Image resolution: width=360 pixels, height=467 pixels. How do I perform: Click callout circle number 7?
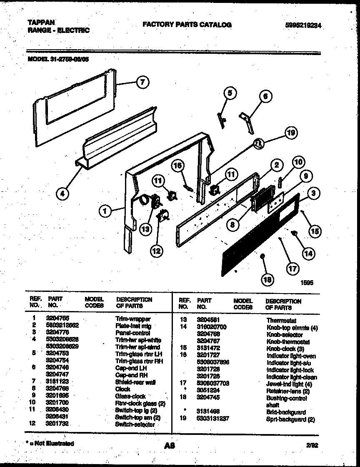[142, 82]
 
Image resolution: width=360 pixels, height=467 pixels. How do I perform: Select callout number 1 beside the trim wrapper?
[105, 212]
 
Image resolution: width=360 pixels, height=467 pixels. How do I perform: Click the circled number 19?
[292, 133]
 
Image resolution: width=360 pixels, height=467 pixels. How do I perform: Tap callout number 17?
[292, 269]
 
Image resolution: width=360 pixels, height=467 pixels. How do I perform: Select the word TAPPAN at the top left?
[41, 23]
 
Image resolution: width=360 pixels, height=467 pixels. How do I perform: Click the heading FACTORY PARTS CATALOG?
[187, 25]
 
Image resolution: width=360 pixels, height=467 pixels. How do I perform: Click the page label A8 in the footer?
[169, 446]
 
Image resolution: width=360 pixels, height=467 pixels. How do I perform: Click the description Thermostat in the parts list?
[281, 321]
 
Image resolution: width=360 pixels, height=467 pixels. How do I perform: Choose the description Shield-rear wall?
[135, 382]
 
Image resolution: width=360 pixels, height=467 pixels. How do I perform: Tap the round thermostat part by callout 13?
[144, 201]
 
